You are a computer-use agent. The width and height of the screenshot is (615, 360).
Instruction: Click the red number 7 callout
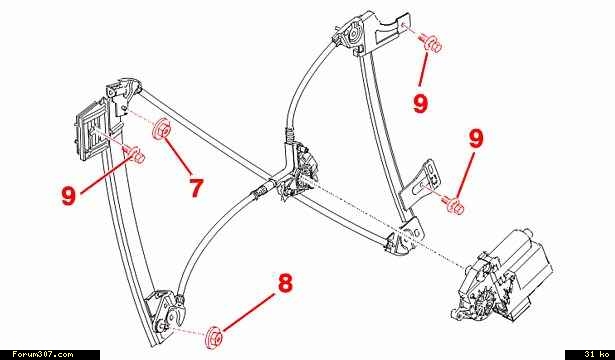point(196,188)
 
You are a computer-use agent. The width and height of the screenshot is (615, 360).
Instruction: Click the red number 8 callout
point(286,283)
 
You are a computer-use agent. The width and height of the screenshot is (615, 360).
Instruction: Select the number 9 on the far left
point(69,195)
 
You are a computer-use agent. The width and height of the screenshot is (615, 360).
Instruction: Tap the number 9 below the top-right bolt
point(420,104)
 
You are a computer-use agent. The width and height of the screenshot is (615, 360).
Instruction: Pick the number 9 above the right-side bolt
point(476,139)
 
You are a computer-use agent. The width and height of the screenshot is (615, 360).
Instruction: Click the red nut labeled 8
point(214,336)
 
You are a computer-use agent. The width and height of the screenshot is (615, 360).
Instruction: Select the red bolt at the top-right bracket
point(431,43)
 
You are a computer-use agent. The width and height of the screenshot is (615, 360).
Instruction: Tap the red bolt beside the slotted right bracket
point(453,205)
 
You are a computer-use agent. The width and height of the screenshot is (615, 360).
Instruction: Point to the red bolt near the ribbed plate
point(135,154)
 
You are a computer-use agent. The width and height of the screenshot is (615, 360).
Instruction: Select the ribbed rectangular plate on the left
point(90,131)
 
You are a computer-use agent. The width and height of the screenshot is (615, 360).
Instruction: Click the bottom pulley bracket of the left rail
point(166,313)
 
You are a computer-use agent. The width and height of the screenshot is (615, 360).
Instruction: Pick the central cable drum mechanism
point(297,172)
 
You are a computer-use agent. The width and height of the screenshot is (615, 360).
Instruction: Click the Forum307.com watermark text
point(43,355)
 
